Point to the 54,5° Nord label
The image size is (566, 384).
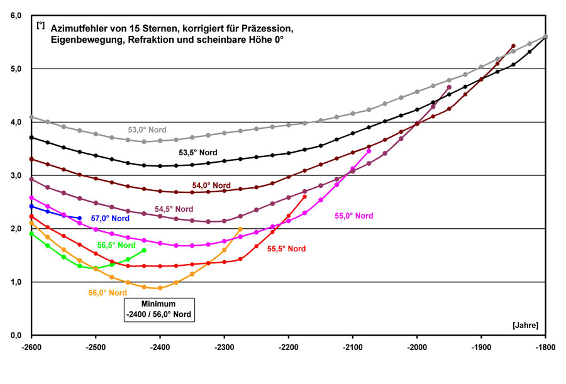(175, 208)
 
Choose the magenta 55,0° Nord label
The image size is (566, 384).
(353, 216)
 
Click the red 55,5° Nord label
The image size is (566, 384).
(286, 249)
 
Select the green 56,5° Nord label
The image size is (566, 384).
(116, 245)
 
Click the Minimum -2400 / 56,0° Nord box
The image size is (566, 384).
(160, 309)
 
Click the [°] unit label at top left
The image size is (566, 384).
(40, 25)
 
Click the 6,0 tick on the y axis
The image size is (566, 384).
(17, 15)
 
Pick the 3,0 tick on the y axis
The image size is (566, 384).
(17, 175)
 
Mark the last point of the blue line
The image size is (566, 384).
(80, 217)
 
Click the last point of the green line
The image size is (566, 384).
(144, 250)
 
